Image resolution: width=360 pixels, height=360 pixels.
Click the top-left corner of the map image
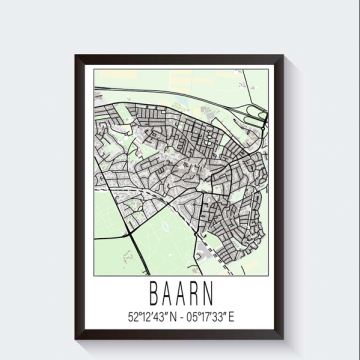click(93, 68)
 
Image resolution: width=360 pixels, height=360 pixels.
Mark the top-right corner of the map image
click(268, 68)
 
